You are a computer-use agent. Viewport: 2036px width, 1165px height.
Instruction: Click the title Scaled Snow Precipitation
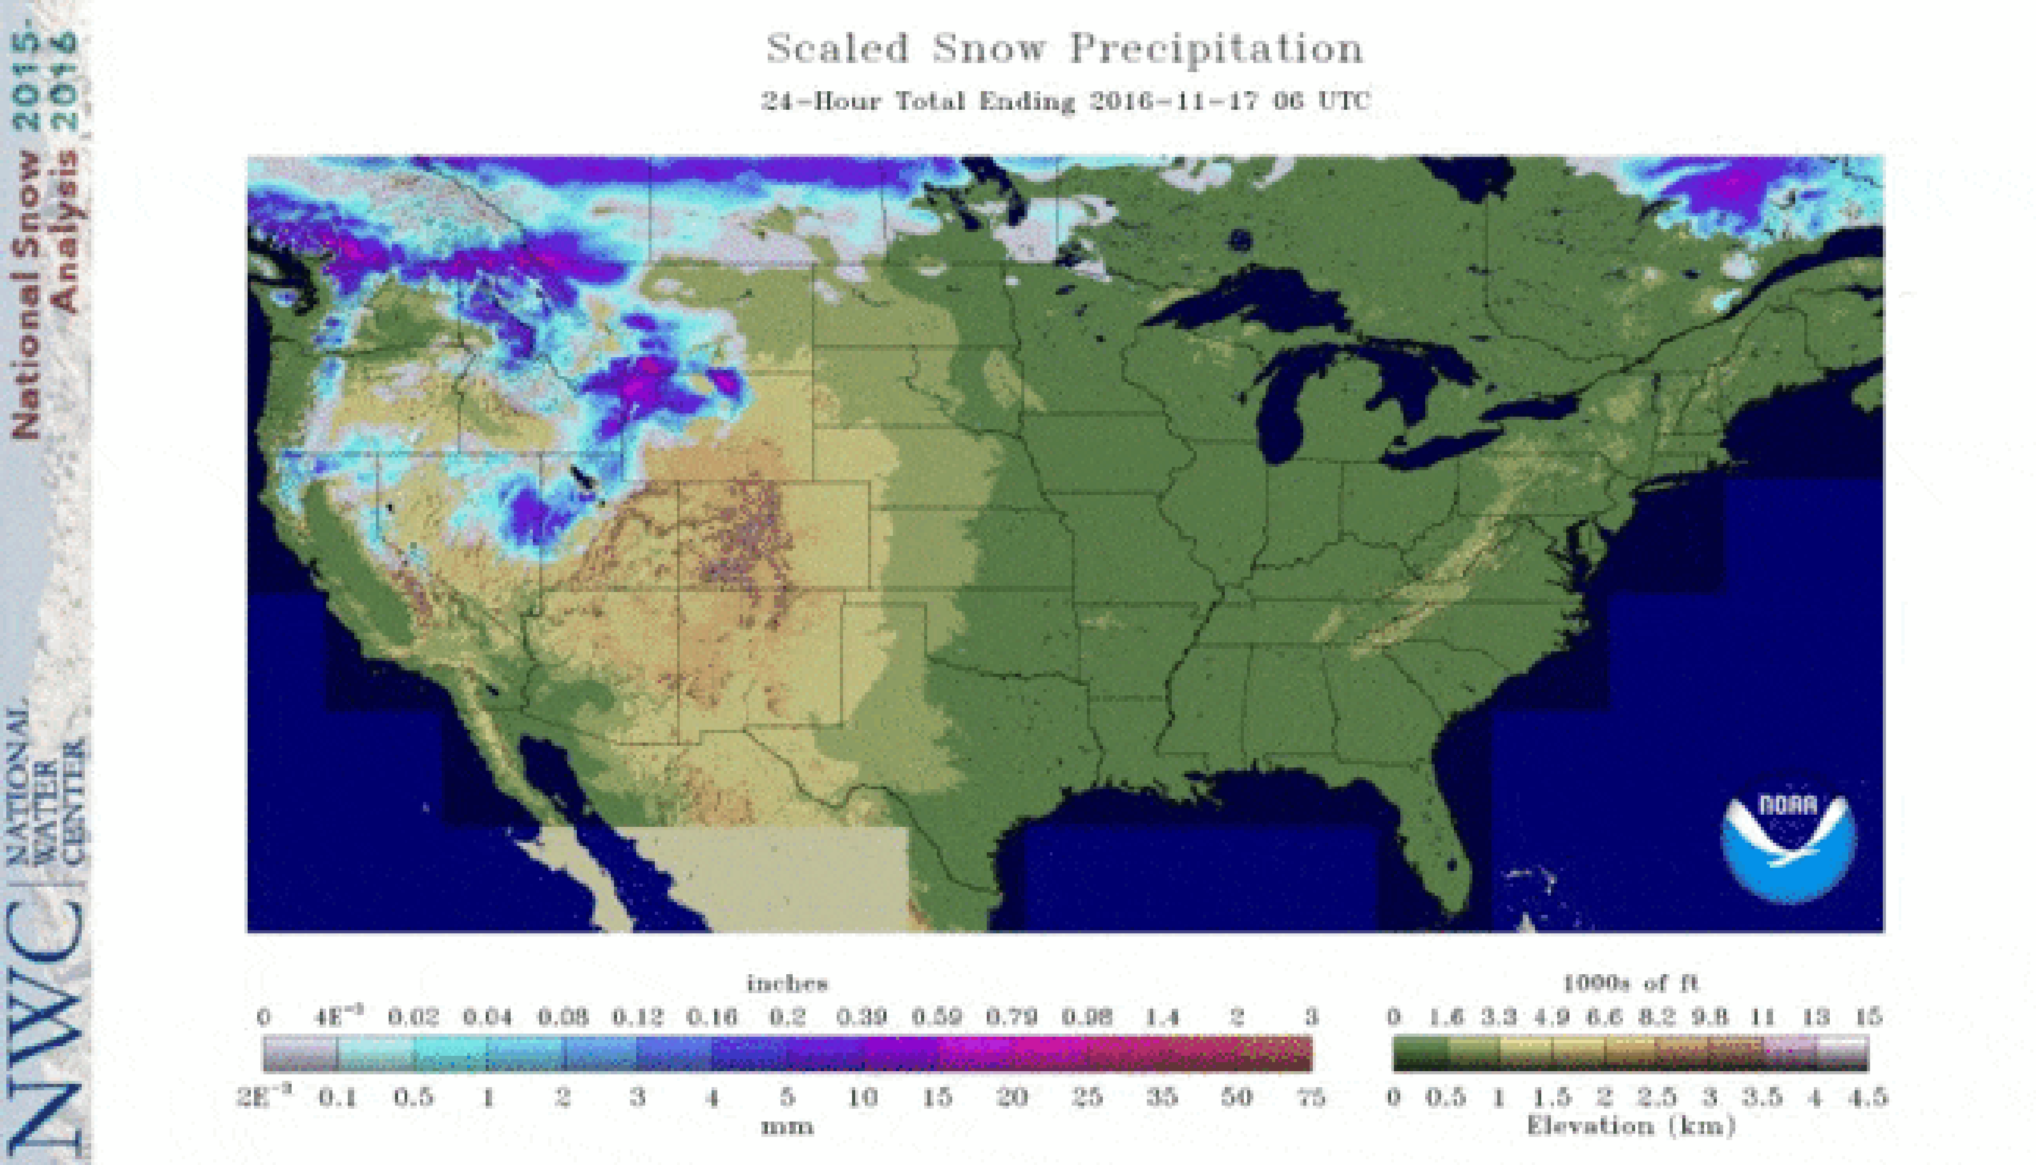tap(1065, 50)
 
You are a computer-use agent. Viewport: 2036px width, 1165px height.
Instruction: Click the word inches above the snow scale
tap(787, 983)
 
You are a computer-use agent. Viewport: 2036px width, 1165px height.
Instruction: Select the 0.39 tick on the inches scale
tap(862, 1017)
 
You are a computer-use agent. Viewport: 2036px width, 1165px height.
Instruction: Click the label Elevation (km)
tap(1630, 1126)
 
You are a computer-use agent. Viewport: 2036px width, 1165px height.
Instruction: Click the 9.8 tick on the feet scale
tap(1709, 1017)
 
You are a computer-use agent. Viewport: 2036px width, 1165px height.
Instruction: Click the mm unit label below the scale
tap(787, 1127)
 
